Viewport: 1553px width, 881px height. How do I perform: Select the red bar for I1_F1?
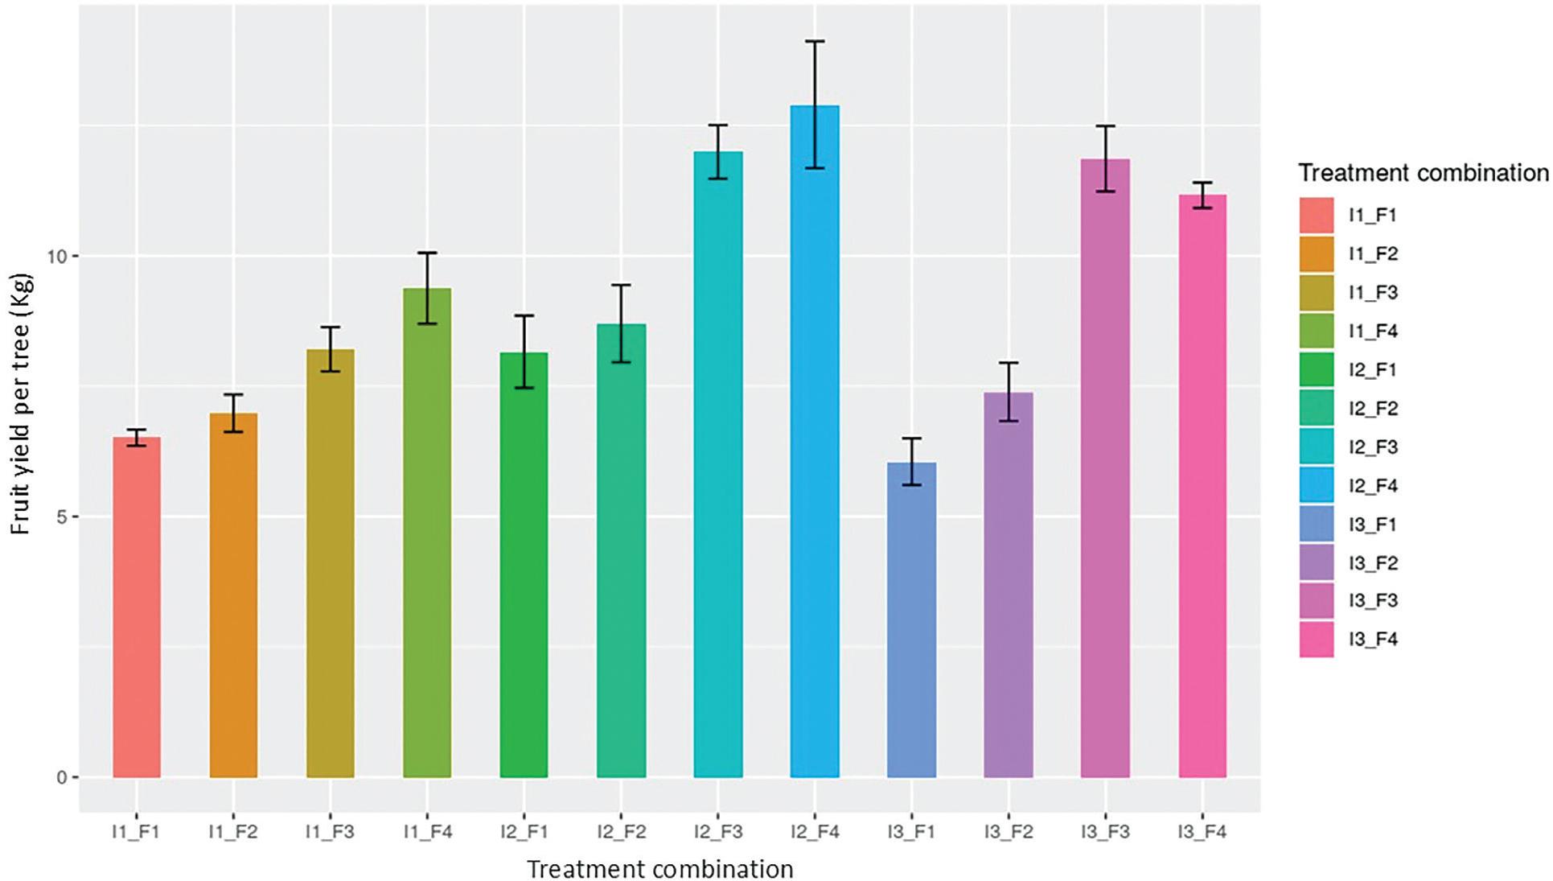pos(137,607)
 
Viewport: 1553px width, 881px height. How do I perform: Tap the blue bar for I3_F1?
pos(911,620)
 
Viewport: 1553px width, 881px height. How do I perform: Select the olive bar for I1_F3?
pos(331,563)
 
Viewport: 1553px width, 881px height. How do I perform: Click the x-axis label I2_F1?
pos(524,832)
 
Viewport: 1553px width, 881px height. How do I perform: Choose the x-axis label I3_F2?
pos(1009,832)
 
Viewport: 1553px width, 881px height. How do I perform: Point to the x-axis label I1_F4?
pos(427,832)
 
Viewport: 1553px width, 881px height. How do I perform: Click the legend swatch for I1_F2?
pos(1317,254)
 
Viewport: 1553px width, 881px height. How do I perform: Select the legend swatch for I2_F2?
pos(1317,409)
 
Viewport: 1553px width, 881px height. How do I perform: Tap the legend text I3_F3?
pos(1374,601)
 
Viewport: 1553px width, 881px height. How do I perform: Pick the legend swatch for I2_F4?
pos(1317,485)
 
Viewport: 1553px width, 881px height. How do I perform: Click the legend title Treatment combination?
pos(1423,173)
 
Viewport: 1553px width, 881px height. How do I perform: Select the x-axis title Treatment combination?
pos(660,870)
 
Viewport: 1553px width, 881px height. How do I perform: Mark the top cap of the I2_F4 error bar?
pos(815,41)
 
